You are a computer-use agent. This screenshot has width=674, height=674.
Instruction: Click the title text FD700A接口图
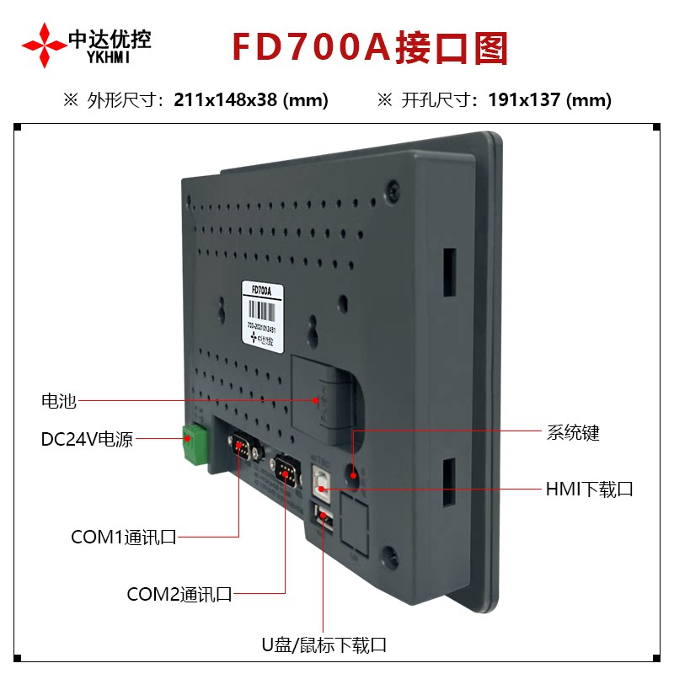[x=370, y=49]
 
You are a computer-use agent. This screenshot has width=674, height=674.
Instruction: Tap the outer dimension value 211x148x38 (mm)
[x=251, y=100]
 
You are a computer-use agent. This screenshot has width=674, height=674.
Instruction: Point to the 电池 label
[x=59, y=401]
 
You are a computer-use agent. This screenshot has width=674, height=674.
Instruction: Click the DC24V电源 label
[x=87, y=440]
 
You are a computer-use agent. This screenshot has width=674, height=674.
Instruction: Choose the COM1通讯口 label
[x=123, y=538]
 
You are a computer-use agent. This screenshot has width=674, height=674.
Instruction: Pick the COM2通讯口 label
[x=179, y=594]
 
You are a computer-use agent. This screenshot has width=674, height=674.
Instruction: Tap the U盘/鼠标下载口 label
[x=324, y=646]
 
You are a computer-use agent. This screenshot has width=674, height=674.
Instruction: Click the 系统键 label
[x=573, y=433]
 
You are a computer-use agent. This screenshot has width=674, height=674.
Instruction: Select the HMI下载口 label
[x=589, y=489]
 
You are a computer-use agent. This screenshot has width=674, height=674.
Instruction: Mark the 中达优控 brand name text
[x=110, y=38]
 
